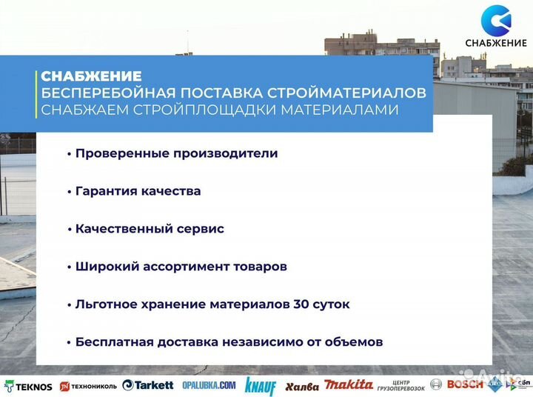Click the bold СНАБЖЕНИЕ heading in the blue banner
91,76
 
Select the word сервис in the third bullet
200,229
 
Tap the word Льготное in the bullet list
106,304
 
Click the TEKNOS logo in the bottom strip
29,385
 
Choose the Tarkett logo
148,385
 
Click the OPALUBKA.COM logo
209,385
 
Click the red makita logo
349,384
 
